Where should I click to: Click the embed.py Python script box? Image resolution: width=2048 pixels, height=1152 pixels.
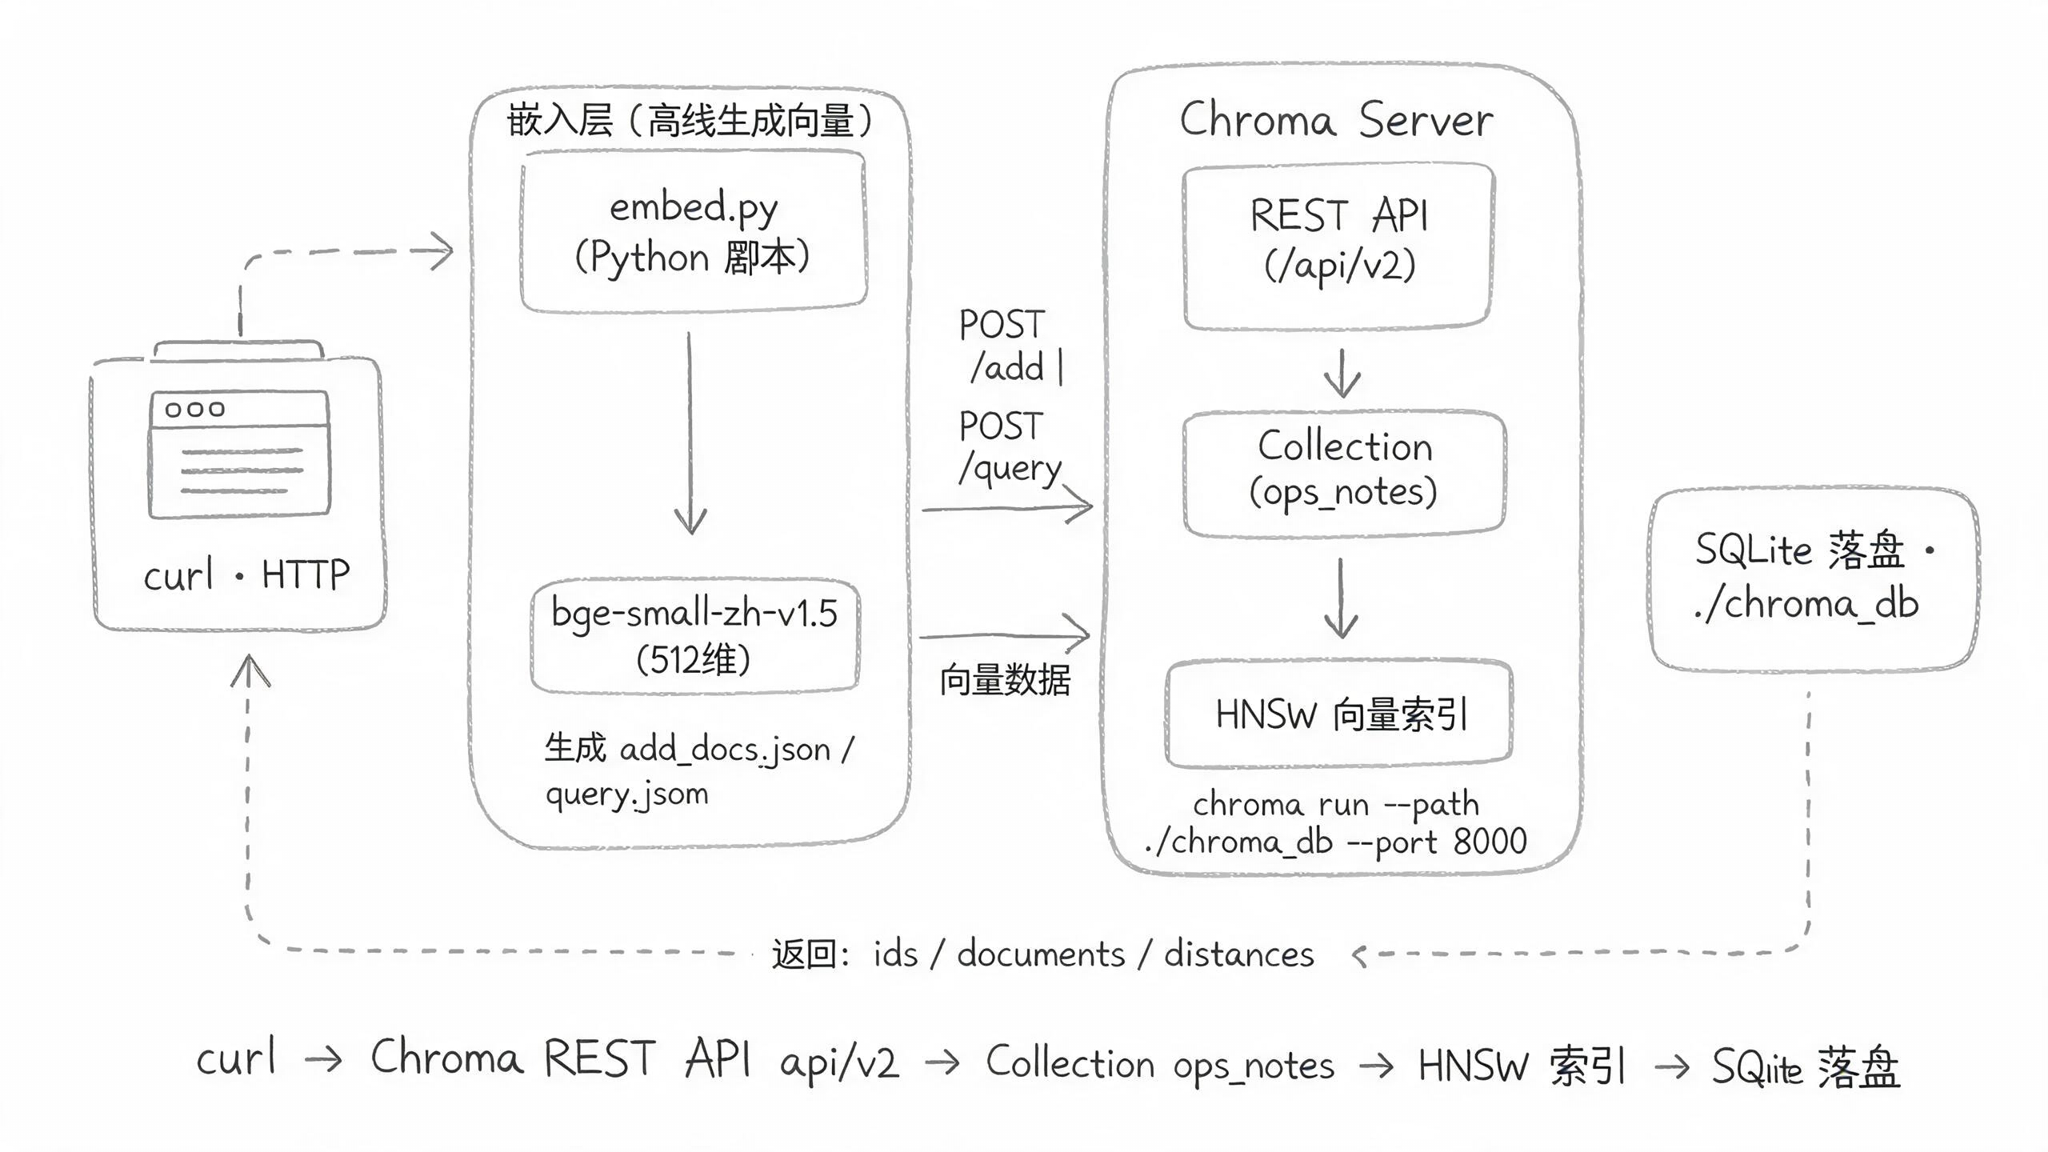point(694,231)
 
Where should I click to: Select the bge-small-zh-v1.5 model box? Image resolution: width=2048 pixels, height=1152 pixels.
point(695,636)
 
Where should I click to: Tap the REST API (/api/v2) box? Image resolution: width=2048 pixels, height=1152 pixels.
point(1338,246)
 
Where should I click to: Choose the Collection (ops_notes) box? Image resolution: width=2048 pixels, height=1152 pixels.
point(1344,473)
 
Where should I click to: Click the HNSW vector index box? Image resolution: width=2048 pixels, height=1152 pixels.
point(1339,713)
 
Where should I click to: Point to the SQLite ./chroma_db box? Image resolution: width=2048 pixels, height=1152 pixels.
point(1813,579)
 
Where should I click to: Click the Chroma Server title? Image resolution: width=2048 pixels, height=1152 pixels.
point(1336,120)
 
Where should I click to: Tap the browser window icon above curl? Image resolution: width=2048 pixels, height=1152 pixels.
point(239,454)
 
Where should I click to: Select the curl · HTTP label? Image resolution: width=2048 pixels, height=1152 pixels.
point(246,574)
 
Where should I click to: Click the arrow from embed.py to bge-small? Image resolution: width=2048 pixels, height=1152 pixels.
point(690,433)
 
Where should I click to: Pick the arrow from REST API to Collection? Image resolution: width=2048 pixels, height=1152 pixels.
point(1342,373)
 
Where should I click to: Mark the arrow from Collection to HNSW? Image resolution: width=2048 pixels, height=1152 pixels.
point(1341,598)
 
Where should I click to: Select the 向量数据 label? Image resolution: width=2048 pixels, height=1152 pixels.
point(1005,680)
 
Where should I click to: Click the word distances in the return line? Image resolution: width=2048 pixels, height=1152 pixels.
point(1238,954)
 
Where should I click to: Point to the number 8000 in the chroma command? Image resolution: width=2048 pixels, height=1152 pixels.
point(1490,842)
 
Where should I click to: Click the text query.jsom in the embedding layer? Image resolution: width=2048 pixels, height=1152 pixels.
point(627,794)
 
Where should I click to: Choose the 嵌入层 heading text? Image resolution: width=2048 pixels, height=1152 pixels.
point(560,120)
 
